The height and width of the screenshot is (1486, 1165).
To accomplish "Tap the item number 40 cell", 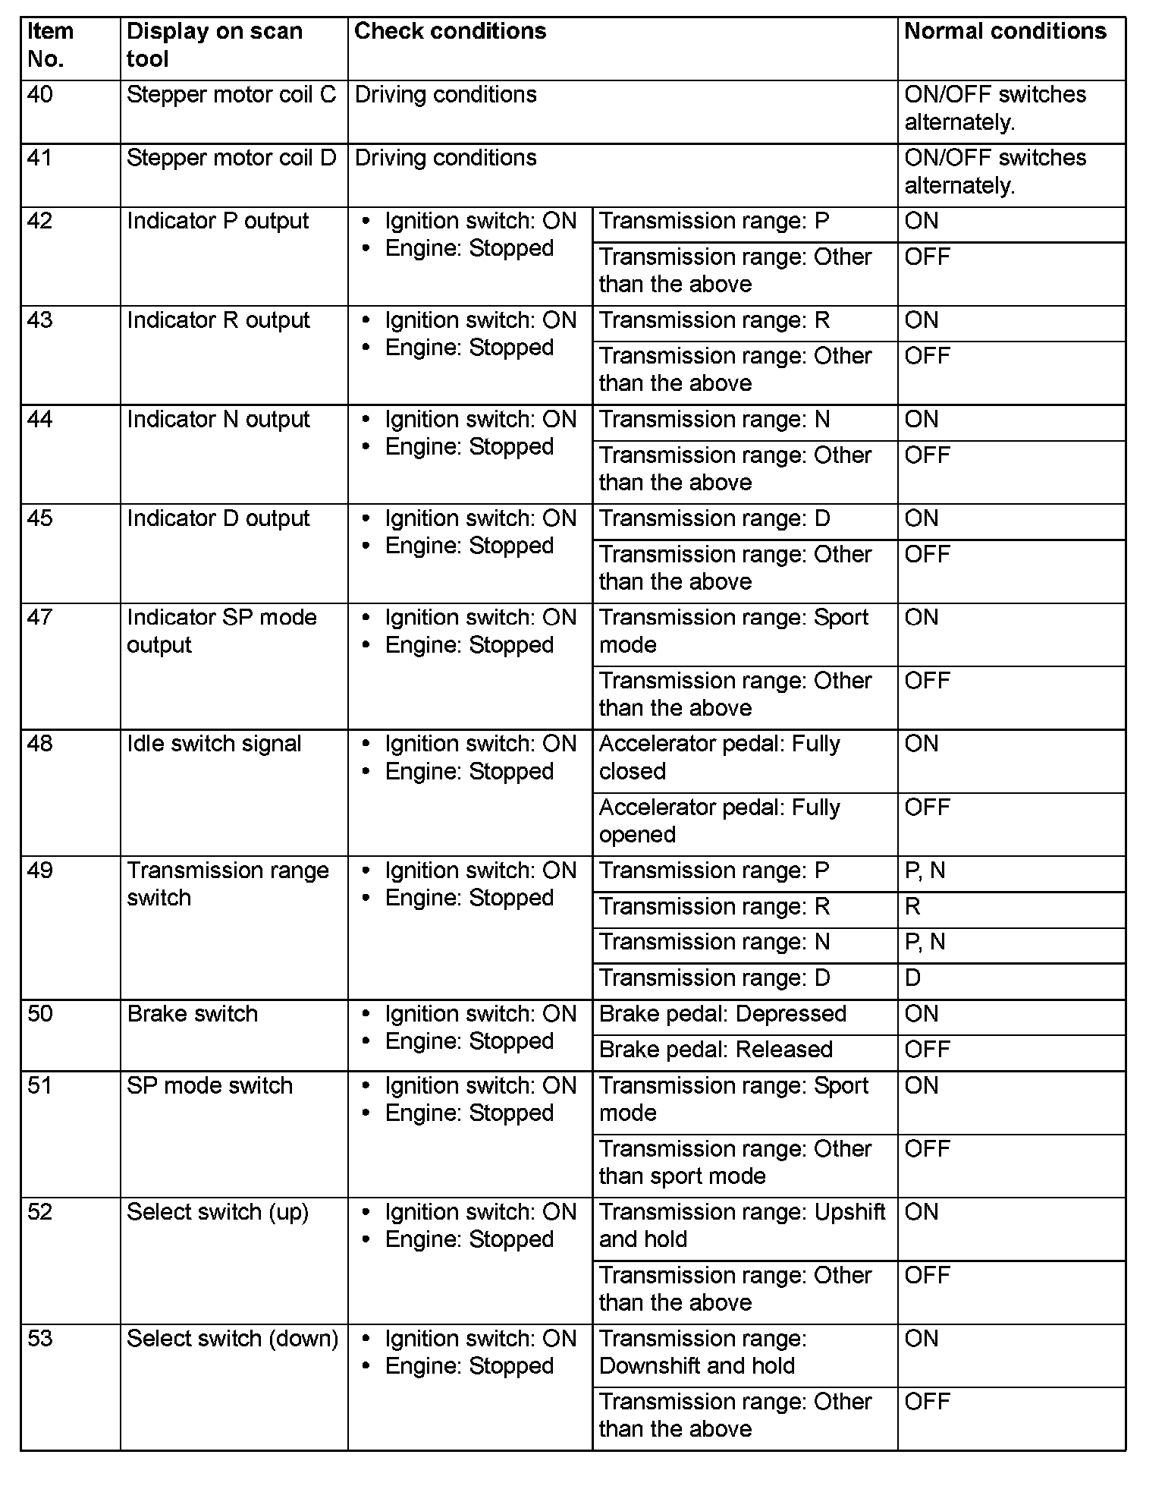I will click(x=40, y=96).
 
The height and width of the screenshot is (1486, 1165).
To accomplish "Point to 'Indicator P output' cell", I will click(x=218, y=222).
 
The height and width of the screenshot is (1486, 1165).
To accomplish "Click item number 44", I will click(x=40, y=420).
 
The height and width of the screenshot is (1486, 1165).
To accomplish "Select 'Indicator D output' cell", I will click(x=218, y=519).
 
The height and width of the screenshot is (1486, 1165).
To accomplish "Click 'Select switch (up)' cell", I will click(x=218, y=1213).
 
